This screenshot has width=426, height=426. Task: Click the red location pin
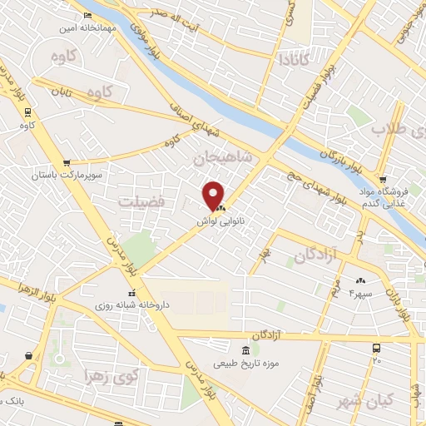[x=215, y=195]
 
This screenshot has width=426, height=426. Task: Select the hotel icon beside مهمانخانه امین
[x=88, y=16]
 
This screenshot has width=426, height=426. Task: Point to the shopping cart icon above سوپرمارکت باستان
[x=66, y=163]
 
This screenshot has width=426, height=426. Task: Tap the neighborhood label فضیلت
[x=141, y=201]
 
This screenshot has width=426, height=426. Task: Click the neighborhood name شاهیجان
[x=220, y=156]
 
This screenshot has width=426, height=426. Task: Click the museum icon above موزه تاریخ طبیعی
[x=245, y=349]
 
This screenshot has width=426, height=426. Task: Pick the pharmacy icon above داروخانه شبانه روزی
[x=131, y=294]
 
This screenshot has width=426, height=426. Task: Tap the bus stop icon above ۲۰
[x=377, y=348]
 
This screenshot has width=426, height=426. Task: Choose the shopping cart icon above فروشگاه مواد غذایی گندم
[x=382, y=179]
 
